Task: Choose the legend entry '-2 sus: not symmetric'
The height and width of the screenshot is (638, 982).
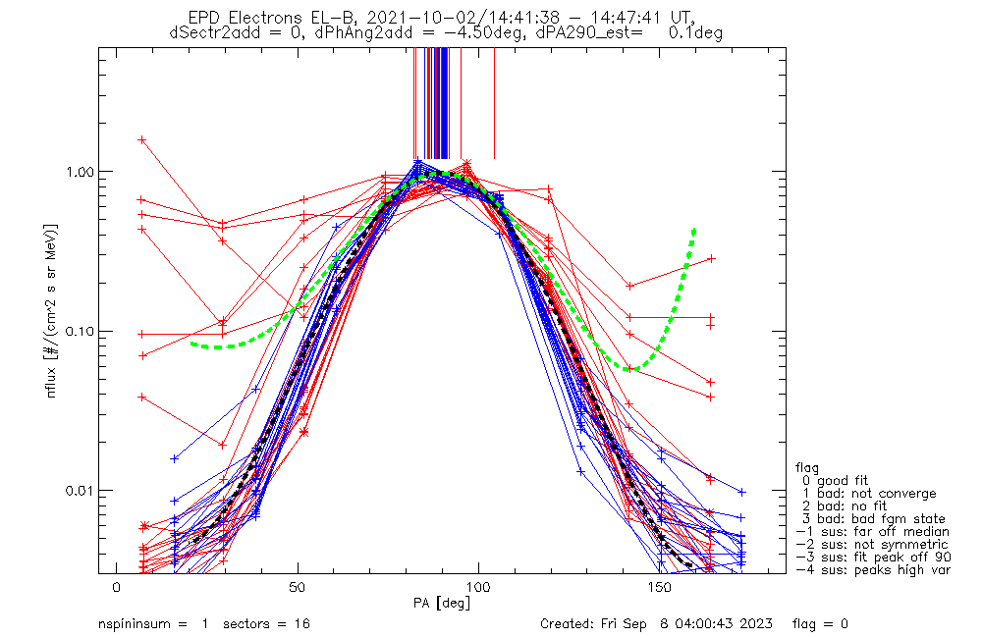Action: (x=872, y=545)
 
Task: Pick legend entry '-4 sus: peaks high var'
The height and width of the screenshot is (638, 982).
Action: (x=872, y=570)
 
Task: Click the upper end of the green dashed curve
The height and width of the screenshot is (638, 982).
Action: (x=694, y=230)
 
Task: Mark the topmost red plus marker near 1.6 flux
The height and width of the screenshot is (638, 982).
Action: (x=142, y=139)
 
